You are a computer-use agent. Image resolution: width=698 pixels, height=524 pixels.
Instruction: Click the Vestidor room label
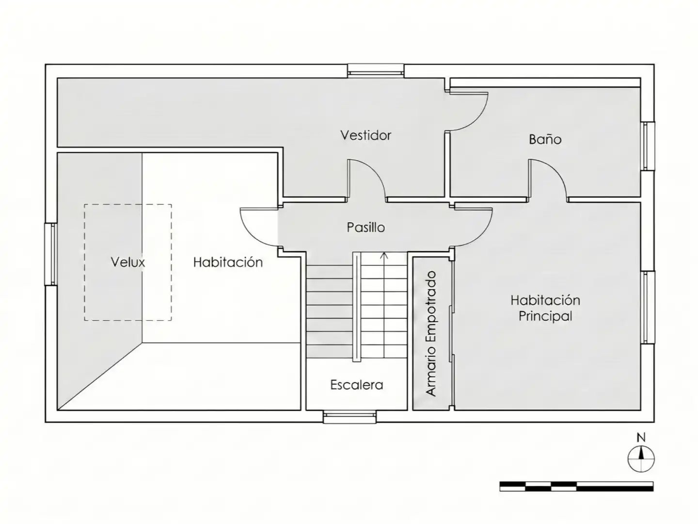[365, 135]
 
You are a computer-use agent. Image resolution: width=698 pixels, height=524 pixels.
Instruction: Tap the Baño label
[545, 139]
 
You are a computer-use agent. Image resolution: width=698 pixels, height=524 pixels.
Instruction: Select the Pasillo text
[365, 227]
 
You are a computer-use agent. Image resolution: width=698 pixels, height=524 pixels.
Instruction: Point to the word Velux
[128, 262]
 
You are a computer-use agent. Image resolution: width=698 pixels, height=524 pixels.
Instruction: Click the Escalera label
[356, 385]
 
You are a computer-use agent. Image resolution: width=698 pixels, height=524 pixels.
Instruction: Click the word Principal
[545, 316]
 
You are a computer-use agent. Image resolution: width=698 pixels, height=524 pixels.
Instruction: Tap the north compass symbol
[641, 459]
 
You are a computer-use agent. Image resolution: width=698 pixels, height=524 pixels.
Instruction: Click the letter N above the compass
[641, 438]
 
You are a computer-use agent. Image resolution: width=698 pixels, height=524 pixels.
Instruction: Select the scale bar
[576, 487]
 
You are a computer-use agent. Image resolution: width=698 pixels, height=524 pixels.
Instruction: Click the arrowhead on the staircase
[384, 255]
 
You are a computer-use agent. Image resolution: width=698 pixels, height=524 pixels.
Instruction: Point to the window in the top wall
[376, 71]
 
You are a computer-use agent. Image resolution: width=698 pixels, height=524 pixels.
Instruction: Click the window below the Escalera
[349, 417]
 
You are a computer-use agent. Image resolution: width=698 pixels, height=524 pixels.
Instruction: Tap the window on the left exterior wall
[51, 254]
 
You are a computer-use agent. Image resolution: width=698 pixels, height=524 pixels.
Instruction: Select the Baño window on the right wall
[648, 146]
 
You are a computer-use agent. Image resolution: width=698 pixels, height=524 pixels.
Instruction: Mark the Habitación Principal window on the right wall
[648, 307]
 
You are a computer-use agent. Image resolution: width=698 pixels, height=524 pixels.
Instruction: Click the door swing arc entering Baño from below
[555, 172]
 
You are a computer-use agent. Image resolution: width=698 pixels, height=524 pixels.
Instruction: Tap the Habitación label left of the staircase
[228, 262]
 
